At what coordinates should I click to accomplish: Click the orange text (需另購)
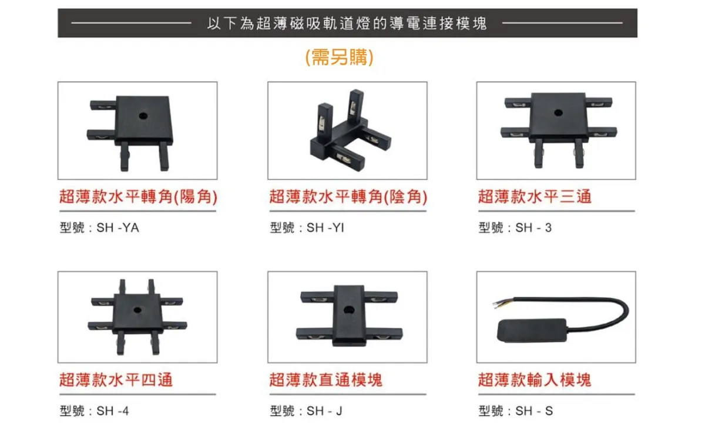[340, 58]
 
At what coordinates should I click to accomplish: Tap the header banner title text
[347, 24]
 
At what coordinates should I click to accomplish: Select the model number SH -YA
[117, 227]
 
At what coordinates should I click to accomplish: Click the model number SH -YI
[325, 227]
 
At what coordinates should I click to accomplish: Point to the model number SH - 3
[533, 227]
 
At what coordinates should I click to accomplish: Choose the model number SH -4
[113, 411]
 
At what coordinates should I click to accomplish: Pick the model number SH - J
[324, 411]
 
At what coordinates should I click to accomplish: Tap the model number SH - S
[534, 411]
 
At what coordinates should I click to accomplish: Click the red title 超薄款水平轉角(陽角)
[138, 196]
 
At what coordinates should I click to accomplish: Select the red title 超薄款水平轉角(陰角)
[348, 196]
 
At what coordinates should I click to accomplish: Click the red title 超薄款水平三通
[535, 196]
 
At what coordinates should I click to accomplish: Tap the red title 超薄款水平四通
[116, 380]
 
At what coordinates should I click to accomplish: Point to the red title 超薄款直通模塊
[326, 380]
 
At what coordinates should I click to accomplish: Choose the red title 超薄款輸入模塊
[535, 380]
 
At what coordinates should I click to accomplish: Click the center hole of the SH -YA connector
[143, 116]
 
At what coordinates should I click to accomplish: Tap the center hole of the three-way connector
[558, 112]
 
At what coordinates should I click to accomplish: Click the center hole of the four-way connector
[137, 310]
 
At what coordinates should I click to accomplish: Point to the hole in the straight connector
[349, 310]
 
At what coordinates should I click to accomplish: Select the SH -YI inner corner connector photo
[347, 130]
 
